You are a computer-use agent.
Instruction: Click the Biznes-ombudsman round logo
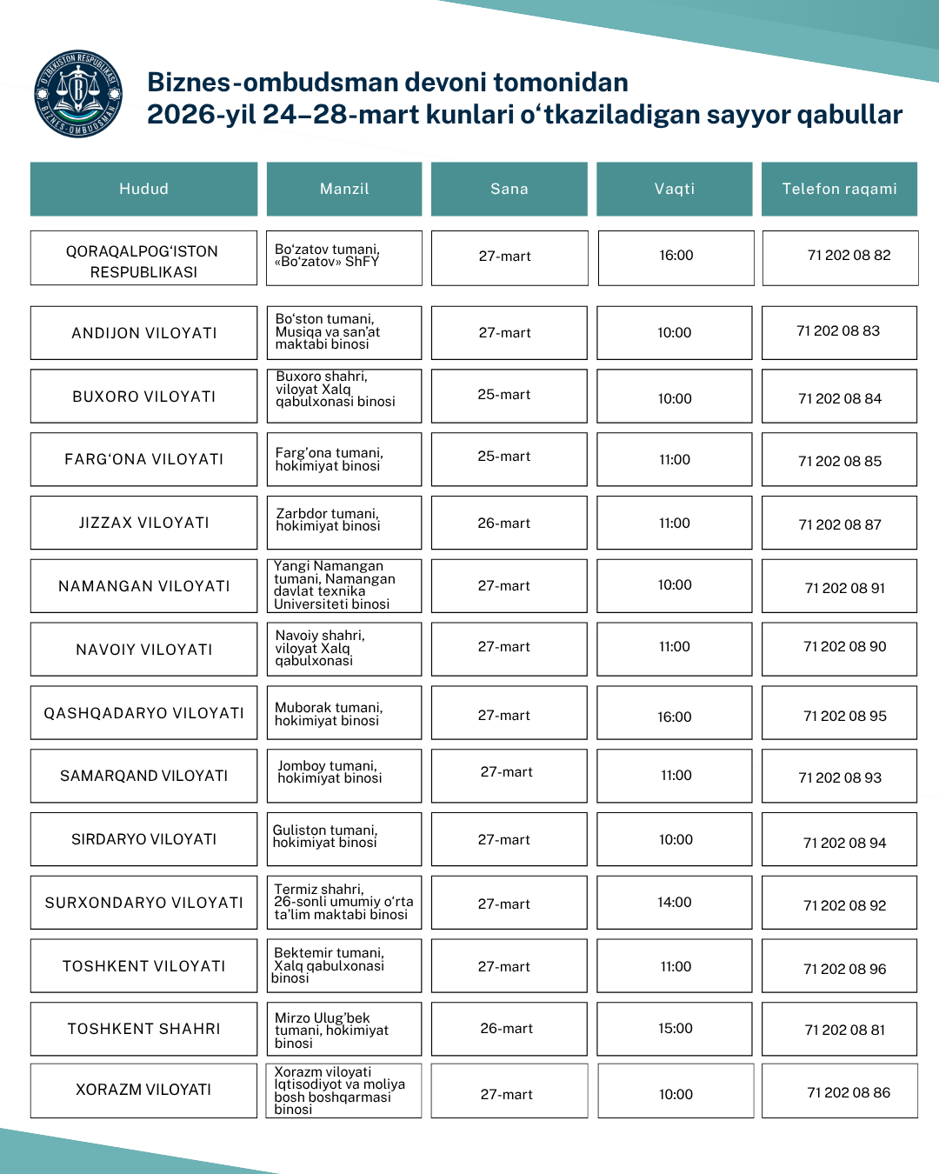click(x=78, y=94)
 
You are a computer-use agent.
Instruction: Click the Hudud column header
click(x=143, y=189)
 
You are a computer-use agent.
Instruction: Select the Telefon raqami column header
click(x=839, y=189)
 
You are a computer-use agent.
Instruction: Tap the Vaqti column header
click(x=674, y=189)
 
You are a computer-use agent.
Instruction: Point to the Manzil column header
click(x=344, y=189)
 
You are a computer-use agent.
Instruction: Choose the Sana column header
click(x=509, y=189)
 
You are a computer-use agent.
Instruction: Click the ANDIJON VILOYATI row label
click(x=143, y=333)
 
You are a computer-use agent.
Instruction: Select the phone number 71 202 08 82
click(x=849, y=256)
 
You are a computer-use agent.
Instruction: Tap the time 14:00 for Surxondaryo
click(x=675, y=903)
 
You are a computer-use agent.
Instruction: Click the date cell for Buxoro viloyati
click(x=504, y=395)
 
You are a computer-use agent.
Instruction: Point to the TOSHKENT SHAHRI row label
click(x=143, y=1029)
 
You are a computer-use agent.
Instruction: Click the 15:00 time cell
click(x=676, y=1029)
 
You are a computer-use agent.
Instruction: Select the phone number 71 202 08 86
click(x=849, y=1093)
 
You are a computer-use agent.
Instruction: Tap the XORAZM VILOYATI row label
click(x=143, y=1090)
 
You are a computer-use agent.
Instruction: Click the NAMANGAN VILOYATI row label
click(x=143, y=586)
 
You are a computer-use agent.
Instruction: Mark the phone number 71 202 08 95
click(x=844, y=717)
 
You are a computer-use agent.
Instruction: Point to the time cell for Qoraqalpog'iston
click(x=676, y=256)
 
